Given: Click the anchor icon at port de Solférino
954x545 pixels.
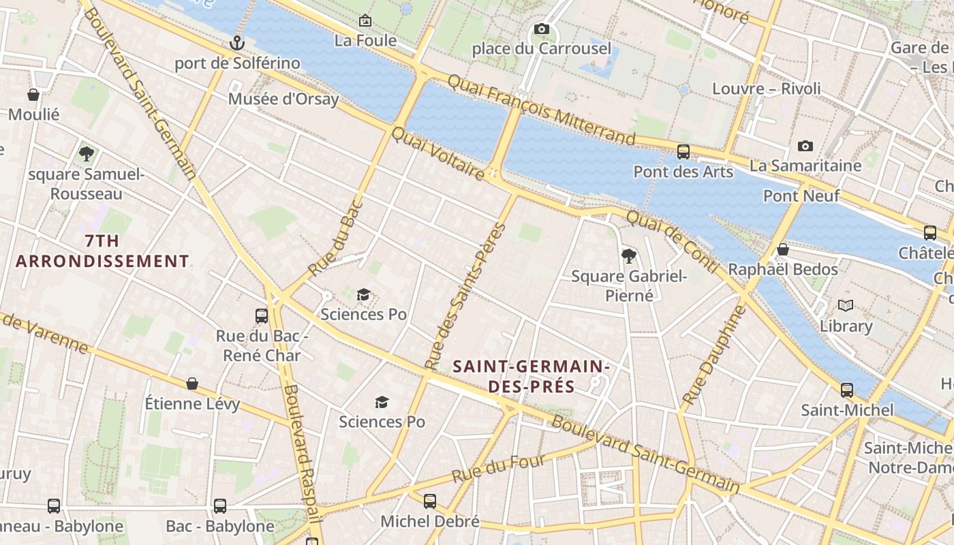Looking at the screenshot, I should click(x=236, y=44).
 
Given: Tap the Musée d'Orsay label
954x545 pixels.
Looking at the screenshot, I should click(x=283, y=99).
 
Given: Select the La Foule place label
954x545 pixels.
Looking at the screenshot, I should click(x=365, y=40).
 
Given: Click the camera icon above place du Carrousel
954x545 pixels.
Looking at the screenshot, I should click(x=542, y=29).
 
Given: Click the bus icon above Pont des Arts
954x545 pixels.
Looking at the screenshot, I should click(x=683, y=152).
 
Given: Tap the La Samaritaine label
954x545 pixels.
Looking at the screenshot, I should click(x=805, y=166).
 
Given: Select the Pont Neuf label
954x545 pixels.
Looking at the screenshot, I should click(x=801, y=196).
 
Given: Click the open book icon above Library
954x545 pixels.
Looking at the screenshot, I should click(x=846, y=306).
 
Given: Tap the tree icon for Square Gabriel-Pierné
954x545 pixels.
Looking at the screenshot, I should click(x=629, y=256).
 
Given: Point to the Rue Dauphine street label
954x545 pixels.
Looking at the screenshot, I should click(x=713, y=355).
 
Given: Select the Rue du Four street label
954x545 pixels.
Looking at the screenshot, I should click(x=499, y=469).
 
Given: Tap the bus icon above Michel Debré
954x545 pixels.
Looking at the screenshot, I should click(x=430, y=501).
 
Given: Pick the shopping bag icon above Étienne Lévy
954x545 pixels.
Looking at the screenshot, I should click(x=192, y=384).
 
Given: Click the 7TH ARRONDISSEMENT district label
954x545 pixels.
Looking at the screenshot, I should click(x=102, y=251).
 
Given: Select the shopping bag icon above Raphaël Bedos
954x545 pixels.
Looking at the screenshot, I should click(x=783, y=249).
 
